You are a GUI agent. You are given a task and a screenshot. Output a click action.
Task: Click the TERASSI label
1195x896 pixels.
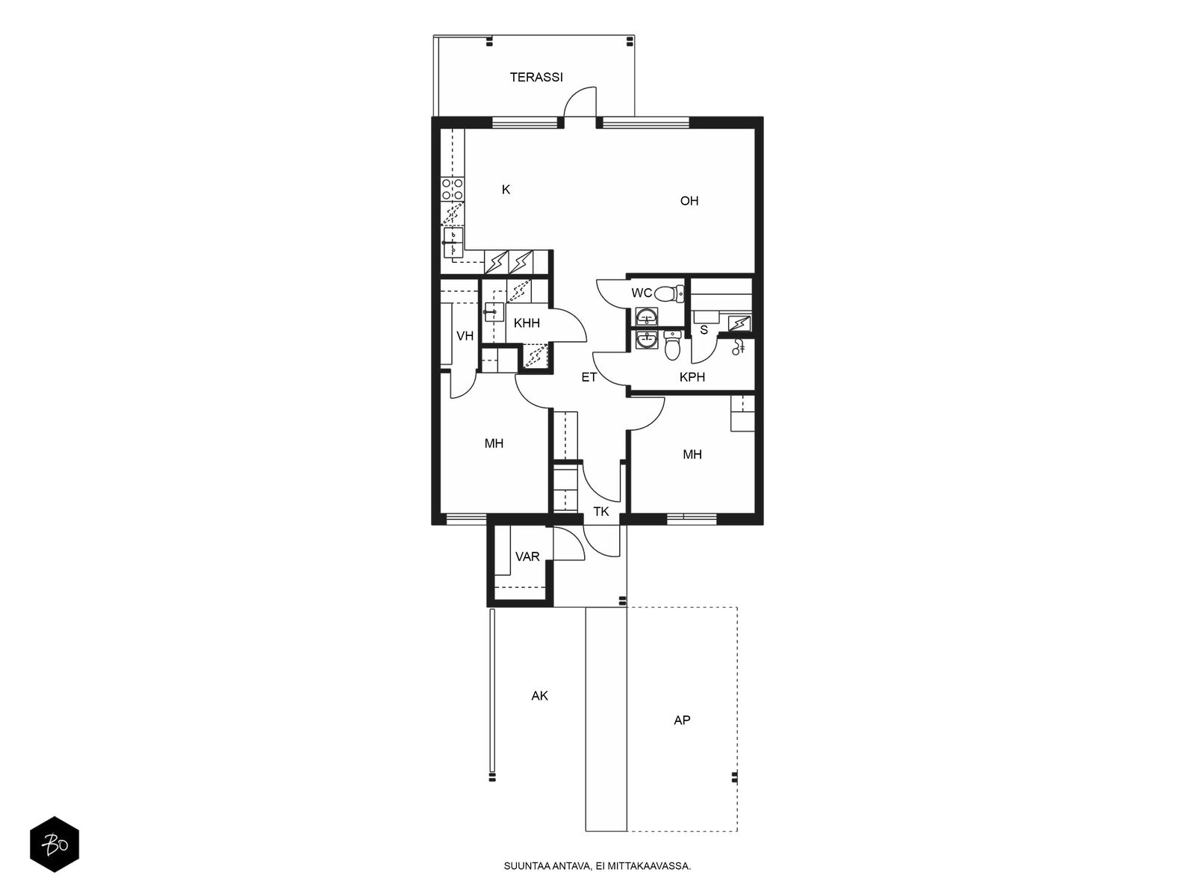coord(536,77)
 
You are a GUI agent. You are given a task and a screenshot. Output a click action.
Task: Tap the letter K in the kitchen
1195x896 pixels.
coord(506,190)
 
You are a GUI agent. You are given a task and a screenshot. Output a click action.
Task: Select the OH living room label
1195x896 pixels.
coord(689,201)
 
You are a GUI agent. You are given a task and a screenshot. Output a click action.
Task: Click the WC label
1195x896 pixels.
coord(642,293)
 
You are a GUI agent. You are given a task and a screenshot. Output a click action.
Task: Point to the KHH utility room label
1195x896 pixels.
coord(527,323)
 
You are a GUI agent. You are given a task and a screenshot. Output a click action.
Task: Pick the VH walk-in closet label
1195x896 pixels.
coord(465,336)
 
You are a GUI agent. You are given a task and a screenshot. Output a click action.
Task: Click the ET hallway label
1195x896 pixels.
coord(589,377)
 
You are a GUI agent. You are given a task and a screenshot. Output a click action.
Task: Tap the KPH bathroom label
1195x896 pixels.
coord(692,377)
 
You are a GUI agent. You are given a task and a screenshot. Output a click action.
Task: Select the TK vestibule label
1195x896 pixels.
coord(601,511)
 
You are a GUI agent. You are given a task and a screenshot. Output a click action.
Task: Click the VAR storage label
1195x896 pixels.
coord(527,556)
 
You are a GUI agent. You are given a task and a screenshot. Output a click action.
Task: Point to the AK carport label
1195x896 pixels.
coord(539,696)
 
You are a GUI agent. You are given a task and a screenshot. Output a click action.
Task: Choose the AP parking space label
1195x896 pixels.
coord(682,721)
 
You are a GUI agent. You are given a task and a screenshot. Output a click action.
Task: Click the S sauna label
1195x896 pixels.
coord(704,330)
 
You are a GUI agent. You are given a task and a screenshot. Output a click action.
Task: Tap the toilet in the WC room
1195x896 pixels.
coord(669,294)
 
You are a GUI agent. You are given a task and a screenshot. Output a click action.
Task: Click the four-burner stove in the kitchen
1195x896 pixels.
coord(453,190)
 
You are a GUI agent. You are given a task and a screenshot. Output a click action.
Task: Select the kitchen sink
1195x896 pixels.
coord(453,242)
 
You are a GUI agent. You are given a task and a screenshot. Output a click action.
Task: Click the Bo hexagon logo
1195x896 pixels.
coord(55,844)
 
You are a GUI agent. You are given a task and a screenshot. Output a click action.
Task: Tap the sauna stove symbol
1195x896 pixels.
coord(739,324)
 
